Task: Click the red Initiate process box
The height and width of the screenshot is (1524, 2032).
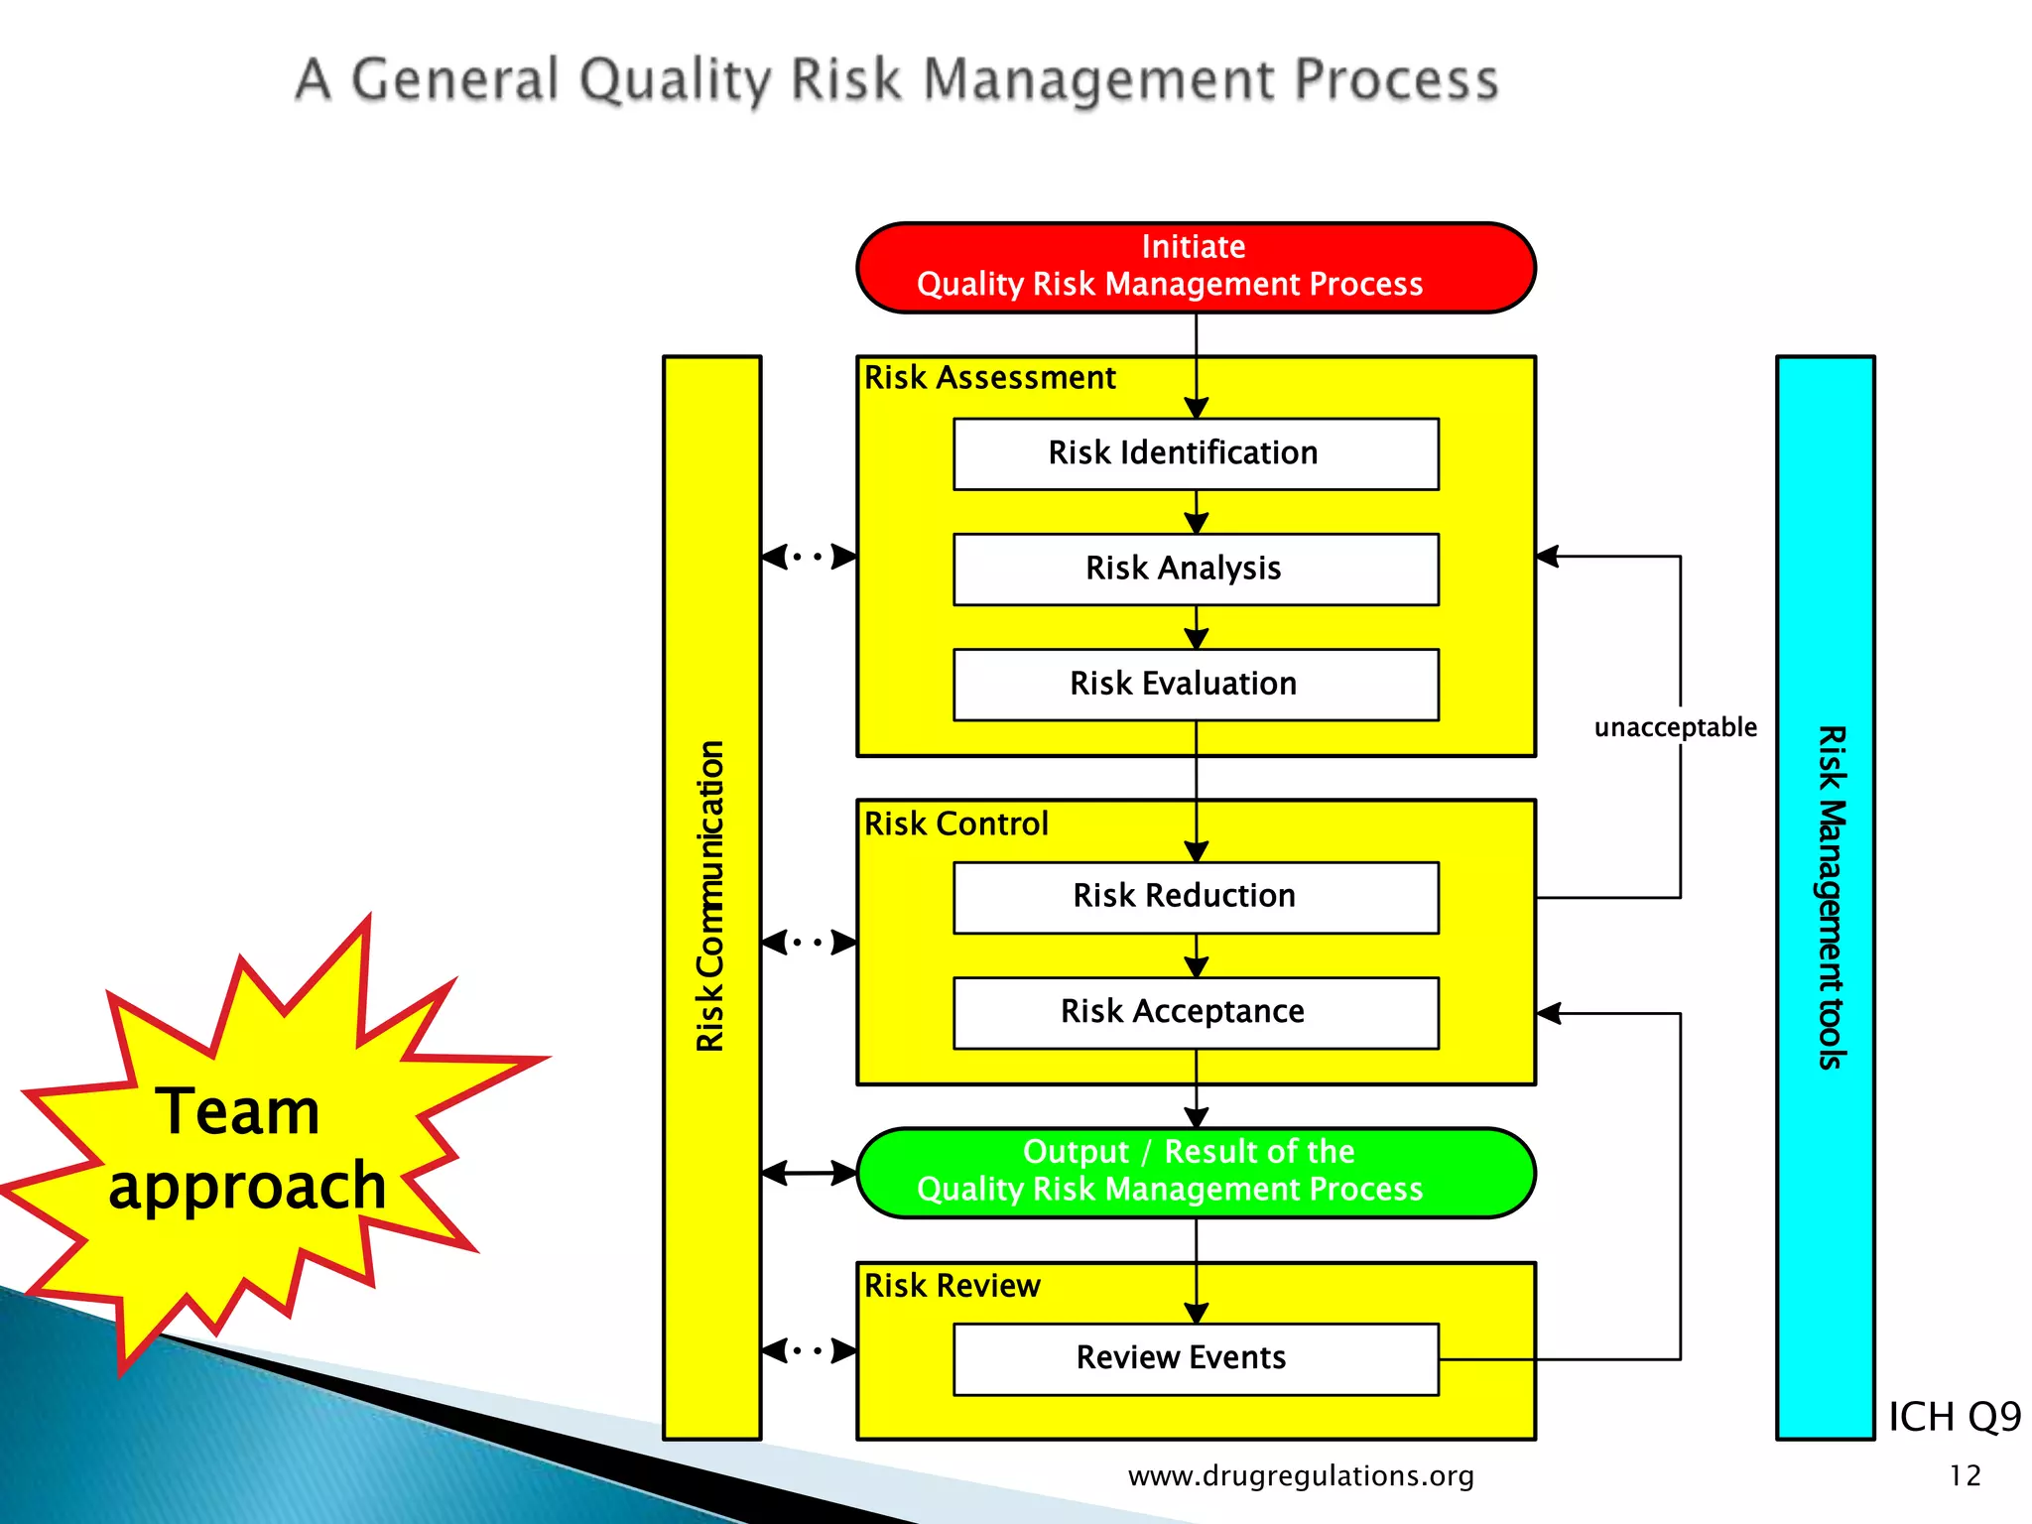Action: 1196,267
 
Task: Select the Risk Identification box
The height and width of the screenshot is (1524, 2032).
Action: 1196,453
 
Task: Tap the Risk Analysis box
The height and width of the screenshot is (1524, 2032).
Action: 1196,569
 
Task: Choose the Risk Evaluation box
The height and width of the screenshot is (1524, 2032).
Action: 1196,684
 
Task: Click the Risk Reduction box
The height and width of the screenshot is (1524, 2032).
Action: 1196,896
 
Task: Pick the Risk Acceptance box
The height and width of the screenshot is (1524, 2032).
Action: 1196,1012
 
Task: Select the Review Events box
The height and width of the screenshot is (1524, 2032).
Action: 1196,1357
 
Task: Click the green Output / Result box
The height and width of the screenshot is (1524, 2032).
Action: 1196,1172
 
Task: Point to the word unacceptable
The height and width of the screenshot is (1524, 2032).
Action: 1675,727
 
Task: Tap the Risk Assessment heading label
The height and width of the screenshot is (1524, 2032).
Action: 989,378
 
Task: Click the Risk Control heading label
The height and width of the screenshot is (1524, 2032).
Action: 955,824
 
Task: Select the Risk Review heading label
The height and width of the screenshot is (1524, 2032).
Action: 952,1286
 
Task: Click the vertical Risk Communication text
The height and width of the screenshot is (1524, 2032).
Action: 710,896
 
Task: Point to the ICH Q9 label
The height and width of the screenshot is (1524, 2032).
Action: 1954,1417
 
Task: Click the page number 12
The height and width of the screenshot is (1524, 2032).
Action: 1965,1476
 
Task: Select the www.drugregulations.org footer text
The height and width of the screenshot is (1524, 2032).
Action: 1301,1476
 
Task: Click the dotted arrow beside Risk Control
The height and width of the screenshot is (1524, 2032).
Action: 809,942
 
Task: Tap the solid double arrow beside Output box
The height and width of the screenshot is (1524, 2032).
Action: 809,1173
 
